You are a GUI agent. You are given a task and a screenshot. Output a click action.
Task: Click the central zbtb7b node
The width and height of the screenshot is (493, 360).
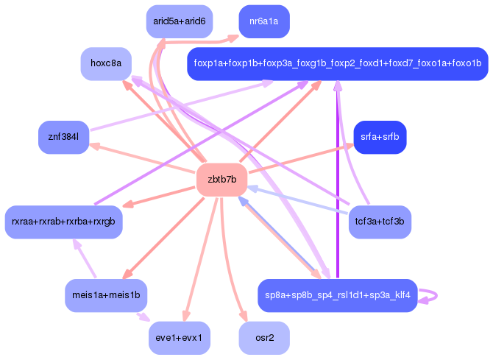(x=221, y=180)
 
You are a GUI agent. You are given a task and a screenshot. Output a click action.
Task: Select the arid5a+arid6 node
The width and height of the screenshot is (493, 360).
(x=179, y=21)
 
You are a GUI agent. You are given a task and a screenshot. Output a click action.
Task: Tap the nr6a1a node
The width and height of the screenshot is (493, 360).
(x=263, y=21)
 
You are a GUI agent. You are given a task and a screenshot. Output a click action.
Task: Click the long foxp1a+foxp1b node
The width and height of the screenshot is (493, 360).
(x=337, y=63)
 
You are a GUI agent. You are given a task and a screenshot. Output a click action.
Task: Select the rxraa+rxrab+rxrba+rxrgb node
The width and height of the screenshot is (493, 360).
(x=63, y=222)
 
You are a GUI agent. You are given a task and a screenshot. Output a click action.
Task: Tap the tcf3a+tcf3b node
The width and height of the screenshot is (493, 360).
(x=380, y=222)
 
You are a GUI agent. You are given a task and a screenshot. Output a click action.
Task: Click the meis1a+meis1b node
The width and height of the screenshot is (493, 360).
(x=105, y=295)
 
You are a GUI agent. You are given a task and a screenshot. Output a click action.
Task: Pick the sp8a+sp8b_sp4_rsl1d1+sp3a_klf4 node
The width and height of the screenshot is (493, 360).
(x=337, y=295)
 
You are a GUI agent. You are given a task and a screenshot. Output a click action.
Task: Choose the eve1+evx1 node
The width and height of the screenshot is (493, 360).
(x=179, y=338)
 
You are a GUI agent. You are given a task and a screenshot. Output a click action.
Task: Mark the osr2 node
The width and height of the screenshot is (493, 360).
(x=263, y=338)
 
